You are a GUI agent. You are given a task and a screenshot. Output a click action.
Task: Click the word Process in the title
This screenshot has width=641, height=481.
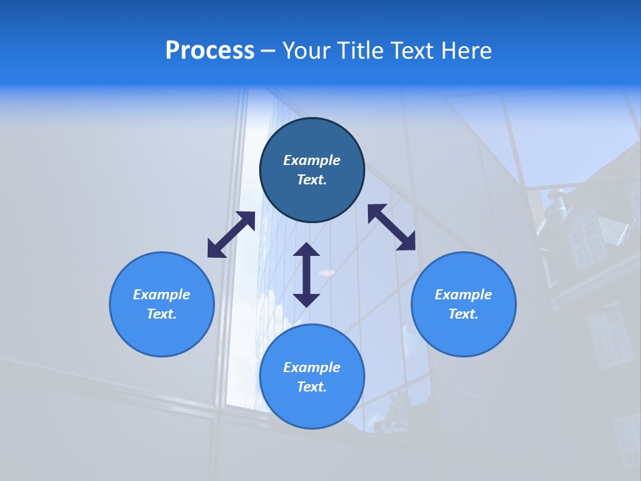coord(210,51)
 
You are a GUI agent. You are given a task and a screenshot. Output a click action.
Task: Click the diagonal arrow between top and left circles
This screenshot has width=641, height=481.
coord(231,234)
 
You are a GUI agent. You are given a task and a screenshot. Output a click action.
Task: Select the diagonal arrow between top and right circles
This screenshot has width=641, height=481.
coord(391,227)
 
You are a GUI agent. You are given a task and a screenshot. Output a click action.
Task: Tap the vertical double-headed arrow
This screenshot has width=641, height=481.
coord(306,275)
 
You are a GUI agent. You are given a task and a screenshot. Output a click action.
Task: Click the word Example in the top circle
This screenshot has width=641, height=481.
coord(312,160)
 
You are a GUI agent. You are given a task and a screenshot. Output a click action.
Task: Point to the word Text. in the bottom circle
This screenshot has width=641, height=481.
coord(312,387)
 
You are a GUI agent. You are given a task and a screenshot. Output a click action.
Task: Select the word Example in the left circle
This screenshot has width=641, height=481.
coord(162,295)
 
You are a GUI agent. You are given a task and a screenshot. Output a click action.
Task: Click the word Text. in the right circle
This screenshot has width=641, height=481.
coord(463,314)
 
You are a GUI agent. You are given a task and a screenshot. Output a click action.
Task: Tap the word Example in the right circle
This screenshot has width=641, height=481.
coord(463,295)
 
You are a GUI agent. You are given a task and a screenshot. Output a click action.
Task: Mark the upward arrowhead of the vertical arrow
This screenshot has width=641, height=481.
coord(306,251)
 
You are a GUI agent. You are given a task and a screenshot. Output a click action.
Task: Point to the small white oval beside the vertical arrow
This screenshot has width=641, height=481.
coord(327,272)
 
